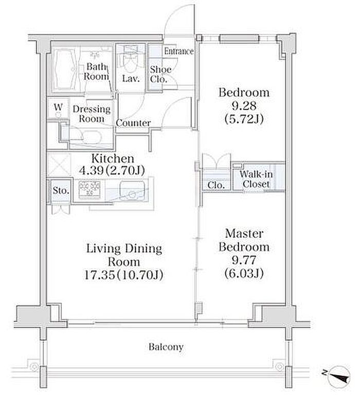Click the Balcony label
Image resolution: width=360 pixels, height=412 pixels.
tap(166, 347)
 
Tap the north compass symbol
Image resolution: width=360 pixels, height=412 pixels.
tap(339, 377)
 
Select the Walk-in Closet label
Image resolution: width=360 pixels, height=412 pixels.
tap(256, 178)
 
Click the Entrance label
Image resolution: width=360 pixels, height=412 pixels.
tap(179, 51)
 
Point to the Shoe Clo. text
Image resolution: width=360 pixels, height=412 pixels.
tap(160, 74)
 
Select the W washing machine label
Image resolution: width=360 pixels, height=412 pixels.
tap(58, 106)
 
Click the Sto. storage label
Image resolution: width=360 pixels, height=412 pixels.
tap(61, 190)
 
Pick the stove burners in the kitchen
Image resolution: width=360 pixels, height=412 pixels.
tap(89, 189)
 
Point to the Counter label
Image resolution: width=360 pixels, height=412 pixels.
tap(133, 123)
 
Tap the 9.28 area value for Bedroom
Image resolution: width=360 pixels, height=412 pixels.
tap(244, 106)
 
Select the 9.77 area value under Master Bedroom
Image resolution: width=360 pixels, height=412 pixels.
tap(244, 260)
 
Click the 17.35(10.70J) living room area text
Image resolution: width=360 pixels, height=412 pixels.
tap(124, 275)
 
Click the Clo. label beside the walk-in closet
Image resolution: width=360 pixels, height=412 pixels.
tap(216, 185)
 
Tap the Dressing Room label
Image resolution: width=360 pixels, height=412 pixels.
tap(92, 114)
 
